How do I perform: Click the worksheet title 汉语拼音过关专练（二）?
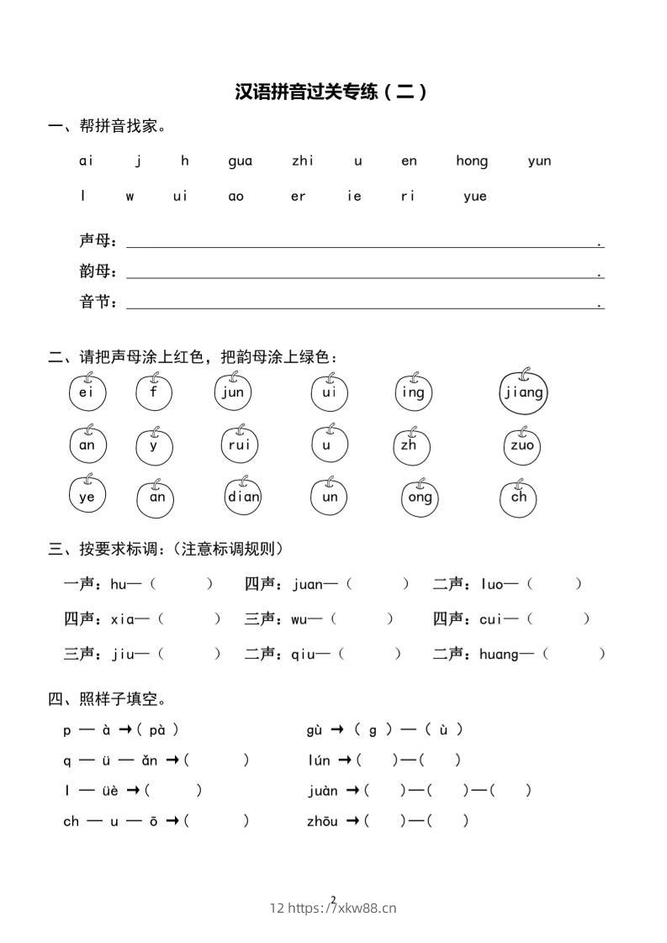point(332,92)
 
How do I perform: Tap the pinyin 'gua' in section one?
point(240,161)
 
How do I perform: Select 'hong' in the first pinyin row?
point(472,161)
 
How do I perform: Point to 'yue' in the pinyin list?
point(475,197)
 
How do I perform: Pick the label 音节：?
point(98,303)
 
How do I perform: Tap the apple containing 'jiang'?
point(524,392)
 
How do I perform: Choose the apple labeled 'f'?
point(154,392)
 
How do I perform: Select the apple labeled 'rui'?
point(240,445)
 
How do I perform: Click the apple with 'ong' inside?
point(420,497)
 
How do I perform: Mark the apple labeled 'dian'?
point(244,497)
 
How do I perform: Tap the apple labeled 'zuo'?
point(522,445)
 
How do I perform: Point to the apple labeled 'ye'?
point(87,497)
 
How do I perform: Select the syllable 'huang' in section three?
point(499,654)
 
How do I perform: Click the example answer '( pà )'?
point(157,730)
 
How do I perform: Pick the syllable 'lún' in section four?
point(319,761)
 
